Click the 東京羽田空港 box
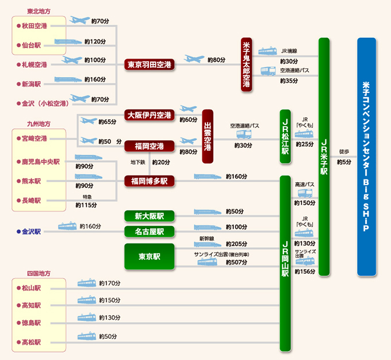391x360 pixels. (x=149, y=64)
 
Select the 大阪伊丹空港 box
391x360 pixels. (x=149, y=115)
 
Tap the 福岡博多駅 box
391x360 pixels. (x=149, y=181)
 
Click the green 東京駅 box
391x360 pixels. (x=149, y=256)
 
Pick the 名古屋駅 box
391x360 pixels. (x=149, y=232)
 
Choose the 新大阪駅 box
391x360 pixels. (x=149, y=216)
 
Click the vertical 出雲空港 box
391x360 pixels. (x=208, y=136)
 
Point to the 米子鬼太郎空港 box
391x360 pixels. (x=247, y=64)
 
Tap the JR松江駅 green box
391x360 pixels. (x=285, y=136)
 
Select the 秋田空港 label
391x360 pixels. (x=34, y=26)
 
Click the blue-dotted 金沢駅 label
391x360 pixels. (x=31, y=232)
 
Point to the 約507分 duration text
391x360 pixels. (x=236, y=263)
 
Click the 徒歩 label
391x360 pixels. (x=344, y=152)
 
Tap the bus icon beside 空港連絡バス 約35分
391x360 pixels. (x=269, y=71)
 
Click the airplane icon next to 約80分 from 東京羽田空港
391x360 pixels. (x=194, y=59)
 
